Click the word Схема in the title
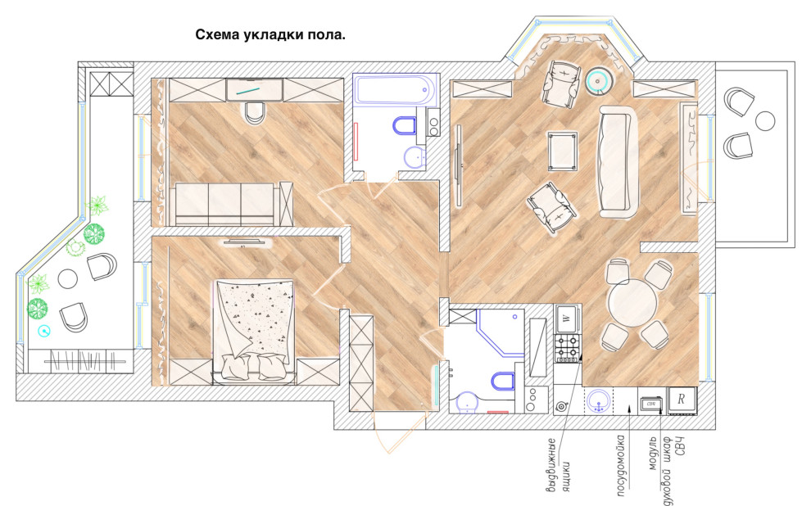[220, 35]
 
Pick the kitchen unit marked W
[567, 318]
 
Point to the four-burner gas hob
[568, 347]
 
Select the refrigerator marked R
[682, 400]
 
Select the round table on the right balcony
[765, 121]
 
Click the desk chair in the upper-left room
[255, 113]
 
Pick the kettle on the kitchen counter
[561, 406]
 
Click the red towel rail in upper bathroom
[357, 140]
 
